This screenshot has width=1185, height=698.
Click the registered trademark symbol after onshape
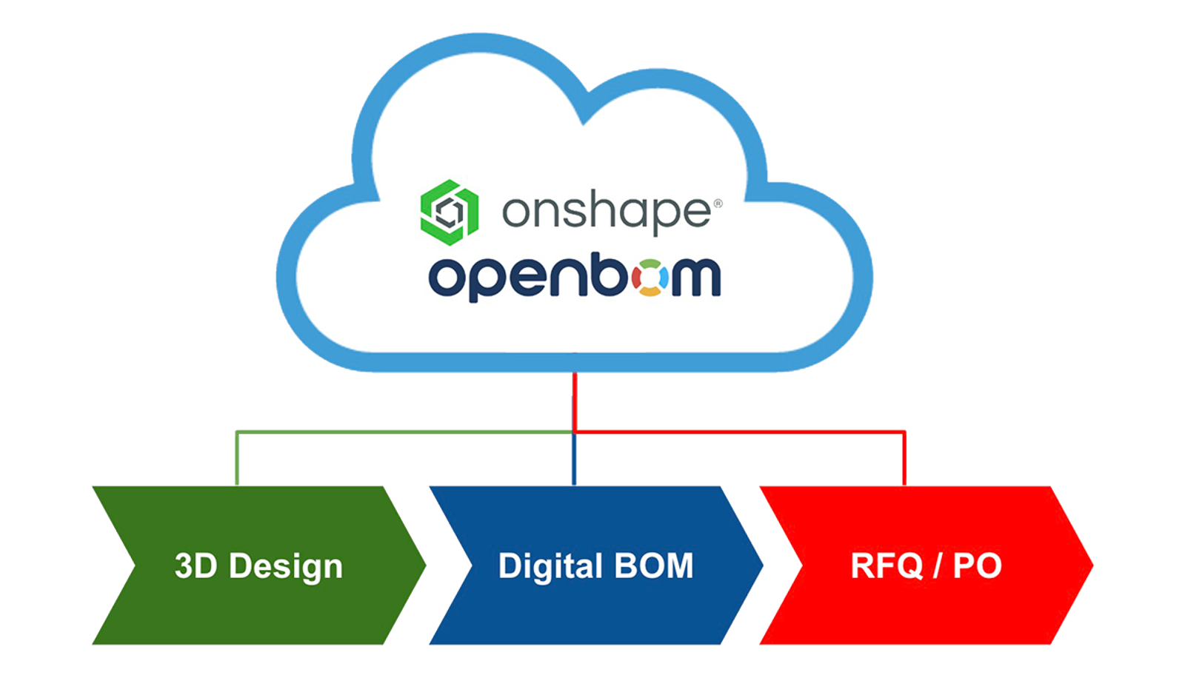coord(716,203)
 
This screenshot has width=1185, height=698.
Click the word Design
coord(286,568)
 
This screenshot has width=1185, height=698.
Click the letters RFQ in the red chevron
coord(886,566)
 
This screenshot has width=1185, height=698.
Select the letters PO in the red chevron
coord(977,566)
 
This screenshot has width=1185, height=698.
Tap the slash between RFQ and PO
coord(938,567)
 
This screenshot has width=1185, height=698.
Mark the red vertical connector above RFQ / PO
coord(904,459)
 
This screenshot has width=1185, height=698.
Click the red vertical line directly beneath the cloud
coord(574,400)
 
